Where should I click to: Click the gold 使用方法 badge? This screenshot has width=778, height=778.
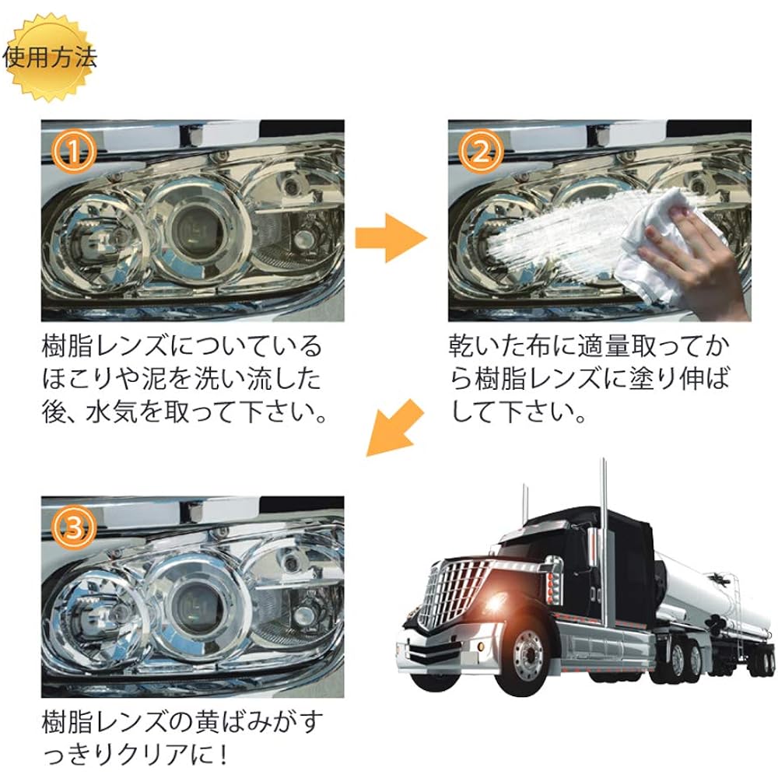click(x=51, y=57)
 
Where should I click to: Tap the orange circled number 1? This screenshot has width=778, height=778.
click(x=74, y=152)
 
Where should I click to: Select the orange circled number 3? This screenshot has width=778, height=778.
click(x=74, y=528)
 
